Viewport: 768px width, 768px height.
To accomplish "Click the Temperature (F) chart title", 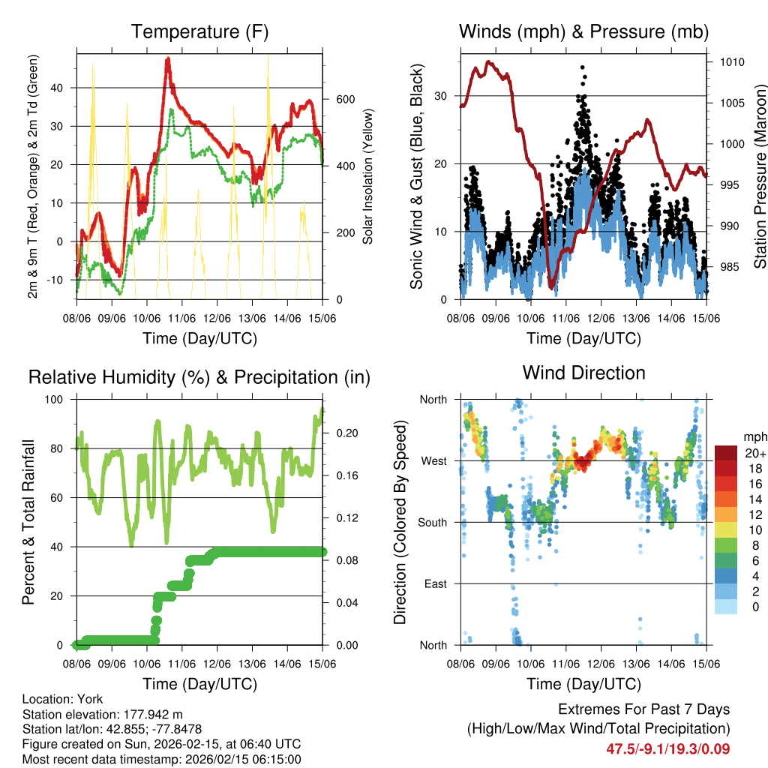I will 199,31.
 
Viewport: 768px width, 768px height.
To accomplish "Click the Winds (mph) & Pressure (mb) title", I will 583,31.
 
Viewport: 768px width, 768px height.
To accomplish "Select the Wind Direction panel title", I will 583,372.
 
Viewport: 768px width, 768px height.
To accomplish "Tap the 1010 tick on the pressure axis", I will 730,62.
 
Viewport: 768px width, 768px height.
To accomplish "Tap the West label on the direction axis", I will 433,461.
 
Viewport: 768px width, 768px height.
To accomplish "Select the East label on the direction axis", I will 435,583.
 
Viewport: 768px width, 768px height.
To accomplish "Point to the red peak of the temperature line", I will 168,58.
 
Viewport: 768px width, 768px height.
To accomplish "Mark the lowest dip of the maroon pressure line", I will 551,286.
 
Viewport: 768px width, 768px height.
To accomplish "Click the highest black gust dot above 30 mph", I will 583,67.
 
